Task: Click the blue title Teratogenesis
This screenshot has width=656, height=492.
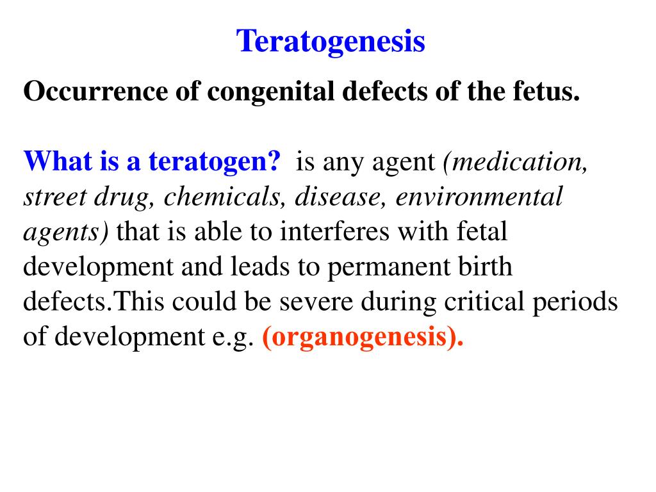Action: (x=331, y=42)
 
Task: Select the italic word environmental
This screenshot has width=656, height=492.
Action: (x=479, y=197)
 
